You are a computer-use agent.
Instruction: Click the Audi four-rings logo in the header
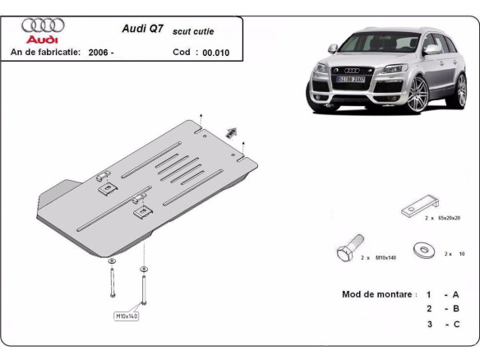click(x=43, y=25)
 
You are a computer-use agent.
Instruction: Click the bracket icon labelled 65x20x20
click(x=420, y=207)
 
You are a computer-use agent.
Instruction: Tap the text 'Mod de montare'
click(x=375, y=293)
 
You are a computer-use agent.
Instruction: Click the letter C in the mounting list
click(x=455, y=324)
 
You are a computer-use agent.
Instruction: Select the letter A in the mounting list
click(x=455, y=293)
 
